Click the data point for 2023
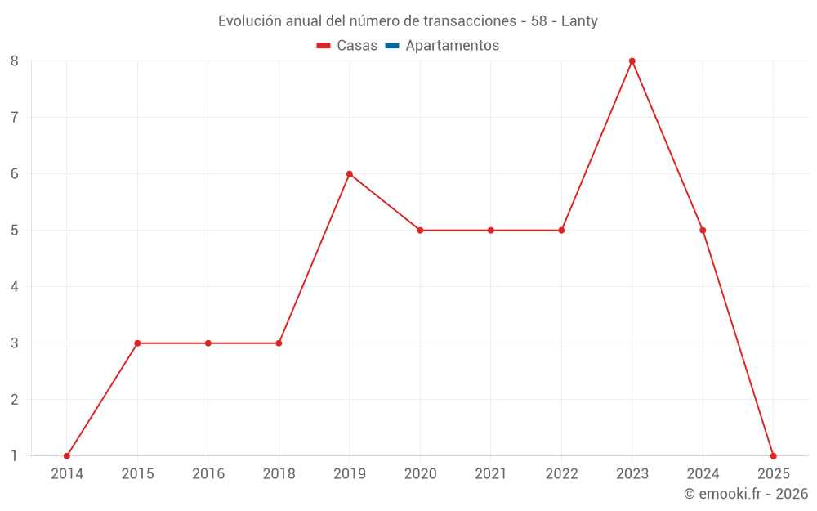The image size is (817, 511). pyautogui.click(x=632, y=61)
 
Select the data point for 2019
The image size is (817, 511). pyautogui.click(x=350, y=174)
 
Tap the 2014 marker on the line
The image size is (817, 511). pyautogui.click(x=67, y=456)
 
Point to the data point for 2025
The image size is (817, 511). pyautogui.click(x=773, y=456)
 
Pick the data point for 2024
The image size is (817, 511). pyautogui.click(x=703, y=231)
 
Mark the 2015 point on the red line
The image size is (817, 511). pyautogui.click(x=137, y=343)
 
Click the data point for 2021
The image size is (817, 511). pyautogui.click(x=491, y=231)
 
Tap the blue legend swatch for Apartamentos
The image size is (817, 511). pyautogui.click(x=392, y=46)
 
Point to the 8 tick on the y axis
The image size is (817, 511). pyautogui.click(x=15, y=61)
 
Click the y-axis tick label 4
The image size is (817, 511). pyautogui.click(x=15, y=287)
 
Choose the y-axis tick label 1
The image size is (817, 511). pyautogui.click(x=15, y=456)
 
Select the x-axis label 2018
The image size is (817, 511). pyautogui.click(x=279, y=474)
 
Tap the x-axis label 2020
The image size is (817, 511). pyautogui.click(x=420, y=474)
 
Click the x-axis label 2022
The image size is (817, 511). pyautogui.click(x=561, y=474)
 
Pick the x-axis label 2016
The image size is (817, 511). pyautogui.click(x=208, y=474)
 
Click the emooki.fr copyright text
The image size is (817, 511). pyautogui.click(x=746, y=494)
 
